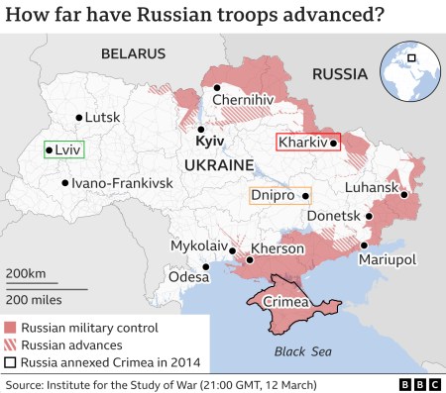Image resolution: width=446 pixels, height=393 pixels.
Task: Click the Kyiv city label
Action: pyautogui.click(x=211, y=143)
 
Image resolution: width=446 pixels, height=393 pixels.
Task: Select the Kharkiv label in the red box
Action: pyautogui.click(x=302, y=144)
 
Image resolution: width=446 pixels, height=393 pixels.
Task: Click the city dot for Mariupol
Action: pyautogui.click(x=364, y=245)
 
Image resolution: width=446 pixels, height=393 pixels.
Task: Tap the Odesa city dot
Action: pyautogui.click(x=205, y=266)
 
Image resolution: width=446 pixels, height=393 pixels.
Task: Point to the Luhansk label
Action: pyautogui.click(x=372, y=187)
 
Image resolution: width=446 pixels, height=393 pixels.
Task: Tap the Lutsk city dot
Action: pyautogui.click(x=79, y=118)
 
